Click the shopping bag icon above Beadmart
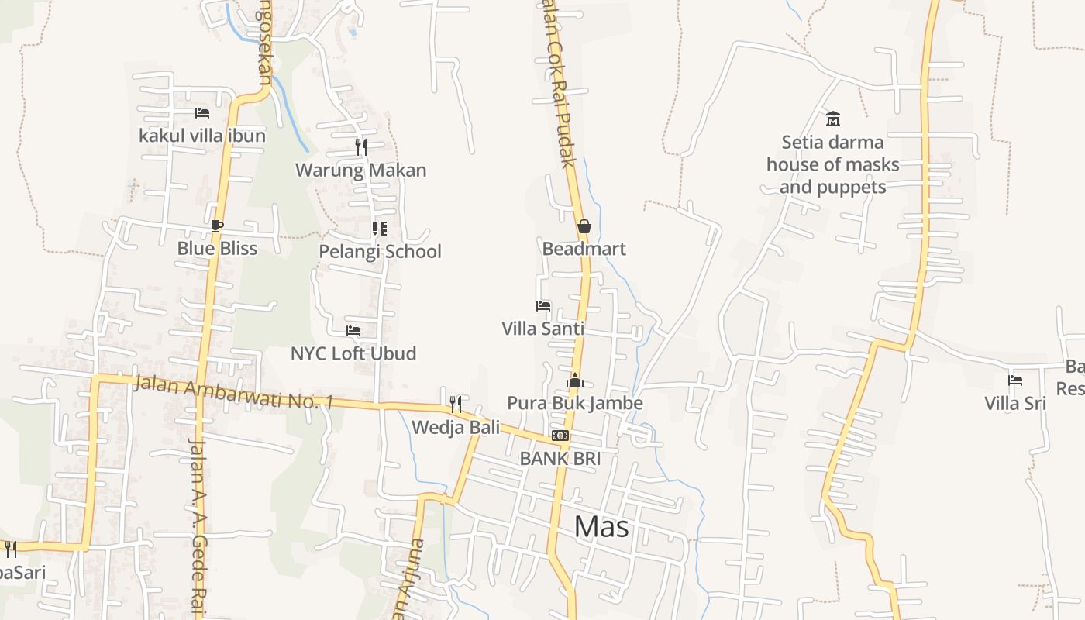point(584,226)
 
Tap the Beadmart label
point(584,249)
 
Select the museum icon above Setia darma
point(833,119)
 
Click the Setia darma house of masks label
point(833,164)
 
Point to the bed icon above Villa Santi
point(543,306)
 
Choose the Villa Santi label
point(542,329)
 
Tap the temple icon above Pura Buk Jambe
point(574,381)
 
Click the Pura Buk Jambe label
point(574,403)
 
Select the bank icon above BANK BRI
point(560,436)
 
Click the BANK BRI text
point(560,458)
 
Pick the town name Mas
point(601,527)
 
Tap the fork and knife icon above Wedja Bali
point(456,404)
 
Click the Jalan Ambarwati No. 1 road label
point(232,392)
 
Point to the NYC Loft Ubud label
point(353,353)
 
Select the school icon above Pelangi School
point(379,229)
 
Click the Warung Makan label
point(361,170)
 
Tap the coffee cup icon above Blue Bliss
point(216,226)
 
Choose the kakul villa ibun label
point(202,136)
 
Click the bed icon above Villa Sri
point(1015,381)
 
